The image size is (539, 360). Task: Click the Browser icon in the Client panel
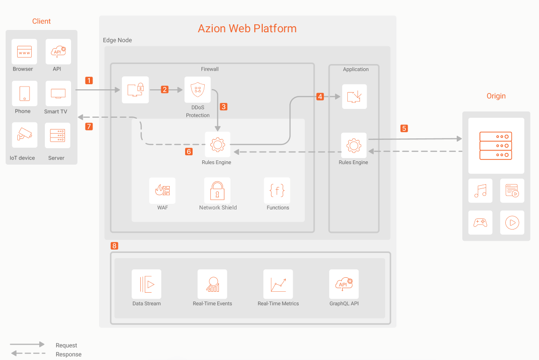pyautogui.click(x=25, y=51)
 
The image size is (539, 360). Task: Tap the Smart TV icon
pyautogui.click(x=58, y=94)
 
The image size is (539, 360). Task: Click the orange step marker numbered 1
pyautogui.click(x=89, y=80)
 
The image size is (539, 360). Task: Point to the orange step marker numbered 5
pyautogui.click(x=404, y=128)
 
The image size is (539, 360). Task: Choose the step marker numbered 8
pyautogui.click(x=115, y=245)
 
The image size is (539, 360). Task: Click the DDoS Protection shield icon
pyautogui.click(x=197, y=89)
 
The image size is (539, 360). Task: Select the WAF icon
pyautogui.click(x=163, y=190)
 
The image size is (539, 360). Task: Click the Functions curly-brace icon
pyautogui.click(x=277, y=190)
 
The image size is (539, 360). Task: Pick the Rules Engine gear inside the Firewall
pyautogui.click(x=217, y=144)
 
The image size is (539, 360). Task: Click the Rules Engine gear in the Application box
pyautogui.click(x=353, y=145)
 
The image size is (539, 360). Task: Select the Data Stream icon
pyautogui.click(x=146, y=284)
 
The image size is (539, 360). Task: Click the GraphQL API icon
pyautogui.click(x=344, y=284)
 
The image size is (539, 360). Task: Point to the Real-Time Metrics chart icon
pyautogui.click(x=278, y=284)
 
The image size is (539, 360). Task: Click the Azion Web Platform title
pyautogui.click(x=247, y=28)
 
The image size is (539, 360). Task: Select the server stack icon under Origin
pyautogui.click(x=496, y=146)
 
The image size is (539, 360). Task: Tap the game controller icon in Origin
pyautogui.click(x=480, y=223)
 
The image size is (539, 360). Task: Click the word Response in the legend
pyautogui.click(x=68, y=354)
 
